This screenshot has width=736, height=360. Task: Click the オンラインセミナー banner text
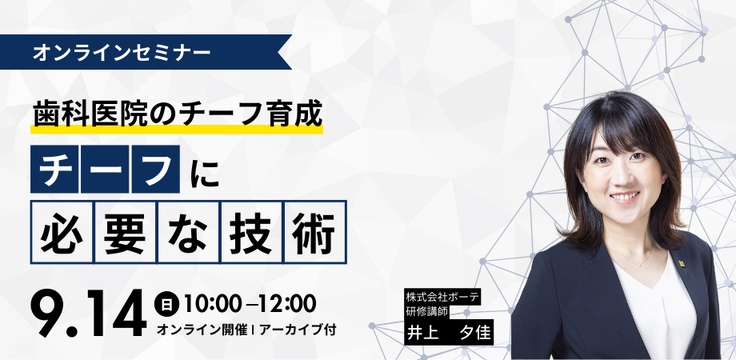(x=122, y=52)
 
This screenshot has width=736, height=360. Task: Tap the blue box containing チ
(x=54, y=169)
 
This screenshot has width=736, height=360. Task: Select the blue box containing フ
(x=156, y=169)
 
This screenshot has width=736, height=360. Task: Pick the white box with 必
(x=62, y=232)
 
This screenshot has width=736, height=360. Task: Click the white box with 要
(x=126, y=232)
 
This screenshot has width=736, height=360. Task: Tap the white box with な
(x=189, y=232)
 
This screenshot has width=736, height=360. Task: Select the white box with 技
(x=252, y=232)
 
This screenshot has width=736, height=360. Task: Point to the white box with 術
(x=315, y=232)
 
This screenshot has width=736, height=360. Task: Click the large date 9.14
(x=88, y=313)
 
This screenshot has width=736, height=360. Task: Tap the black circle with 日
(x=166, y=304)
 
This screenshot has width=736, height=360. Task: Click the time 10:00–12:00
(x=250, y=304)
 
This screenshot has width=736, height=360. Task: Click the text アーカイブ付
(x=297, y=330)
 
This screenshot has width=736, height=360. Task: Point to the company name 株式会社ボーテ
(x=442, y=297)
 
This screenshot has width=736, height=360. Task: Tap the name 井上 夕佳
(x=449, y=332)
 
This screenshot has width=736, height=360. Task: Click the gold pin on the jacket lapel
(x=681, y=263)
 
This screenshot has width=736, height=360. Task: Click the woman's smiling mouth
(x=624, y=198)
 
